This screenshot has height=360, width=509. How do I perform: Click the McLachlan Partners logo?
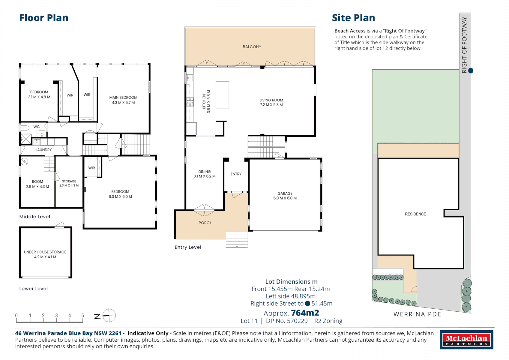click(466, 340)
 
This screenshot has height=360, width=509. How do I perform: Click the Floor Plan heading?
click(44, 18)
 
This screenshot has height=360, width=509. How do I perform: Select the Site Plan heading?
click(353, 18)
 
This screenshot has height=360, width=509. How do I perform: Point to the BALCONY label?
click(252, 47)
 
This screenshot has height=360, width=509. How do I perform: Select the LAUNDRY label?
click(44, 150)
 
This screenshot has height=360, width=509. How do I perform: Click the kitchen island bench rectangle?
click(222, 95)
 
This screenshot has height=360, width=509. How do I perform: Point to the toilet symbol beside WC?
click(25, 128)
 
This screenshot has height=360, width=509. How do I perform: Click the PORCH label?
click(205, 223)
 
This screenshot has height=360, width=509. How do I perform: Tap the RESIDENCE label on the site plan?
click(415, 214)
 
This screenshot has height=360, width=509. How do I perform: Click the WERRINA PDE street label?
click(417, 314)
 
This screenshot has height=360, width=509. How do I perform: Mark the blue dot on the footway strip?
click(470, 71)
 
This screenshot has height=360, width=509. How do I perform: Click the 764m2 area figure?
click(305, 313)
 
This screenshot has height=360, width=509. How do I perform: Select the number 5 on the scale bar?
click(82, 315)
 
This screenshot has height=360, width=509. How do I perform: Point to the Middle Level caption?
click(35, 217)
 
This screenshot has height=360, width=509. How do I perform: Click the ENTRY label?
click(236, 174)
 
